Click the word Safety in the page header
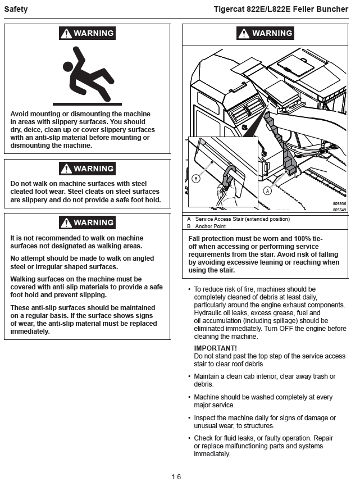click(x=16, y=10)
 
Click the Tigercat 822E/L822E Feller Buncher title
click(x=281, y=10)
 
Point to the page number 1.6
click(x=176, y=477)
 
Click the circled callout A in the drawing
click(x=268, y=190)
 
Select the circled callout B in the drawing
click(x=196, y=179)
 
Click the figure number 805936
click(x=339, y=203)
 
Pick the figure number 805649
click(x=339, y=210)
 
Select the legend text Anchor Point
click(x=211, y=226)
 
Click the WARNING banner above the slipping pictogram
click(x=87, y=33)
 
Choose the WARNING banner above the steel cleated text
click(x=87, y=169)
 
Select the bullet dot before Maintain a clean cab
click(x=189, y=376)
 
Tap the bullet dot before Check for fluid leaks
click(x=189, y=438)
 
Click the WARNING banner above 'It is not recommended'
click(x=87, y=222)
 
